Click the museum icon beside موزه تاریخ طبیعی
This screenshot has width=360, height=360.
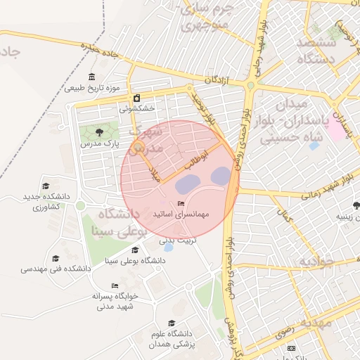click(x=92, y=77)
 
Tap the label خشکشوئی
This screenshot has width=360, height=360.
click(x=136, y=108)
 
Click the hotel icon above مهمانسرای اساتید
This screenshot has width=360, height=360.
click(x=181, y=202)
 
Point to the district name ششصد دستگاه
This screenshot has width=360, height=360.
click(x=326, y=51)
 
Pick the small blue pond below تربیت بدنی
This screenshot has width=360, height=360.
click(x=168, y=247)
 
